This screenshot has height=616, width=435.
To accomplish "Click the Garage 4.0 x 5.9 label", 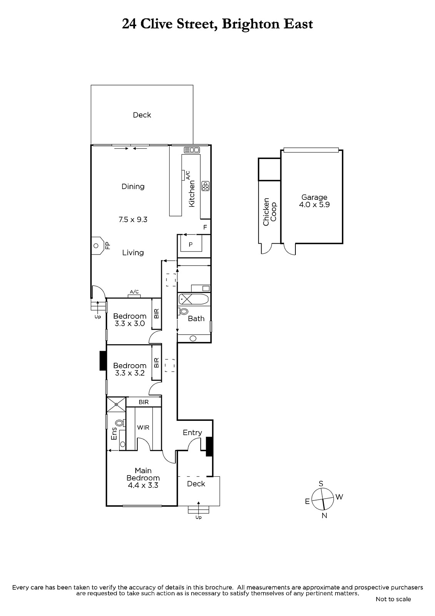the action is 314,201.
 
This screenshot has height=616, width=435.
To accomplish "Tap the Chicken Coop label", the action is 270,212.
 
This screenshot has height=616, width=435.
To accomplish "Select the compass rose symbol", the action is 323,499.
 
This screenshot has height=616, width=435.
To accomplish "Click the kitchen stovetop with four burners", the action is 205,186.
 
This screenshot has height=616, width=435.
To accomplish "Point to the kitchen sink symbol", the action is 192,150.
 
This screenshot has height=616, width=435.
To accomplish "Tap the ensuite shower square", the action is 116,404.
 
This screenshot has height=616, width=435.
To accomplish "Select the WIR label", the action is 143,428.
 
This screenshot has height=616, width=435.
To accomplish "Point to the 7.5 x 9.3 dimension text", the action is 133,219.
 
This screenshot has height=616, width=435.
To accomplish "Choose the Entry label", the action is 192,433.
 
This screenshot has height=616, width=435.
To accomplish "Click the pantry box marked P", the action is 191,244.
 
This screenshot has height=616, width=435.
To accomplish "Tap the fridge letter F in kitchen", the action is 205,228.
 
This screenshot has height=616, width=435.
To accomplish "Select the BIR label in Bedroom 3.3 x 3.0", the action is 157,313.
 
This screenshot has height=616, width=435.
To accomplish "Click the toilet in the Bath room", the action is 183,311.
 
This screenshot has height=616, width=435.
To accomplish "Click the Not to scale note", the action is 393,599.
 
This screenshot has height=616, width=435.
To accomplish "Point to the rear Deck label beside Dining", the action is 142,115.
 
